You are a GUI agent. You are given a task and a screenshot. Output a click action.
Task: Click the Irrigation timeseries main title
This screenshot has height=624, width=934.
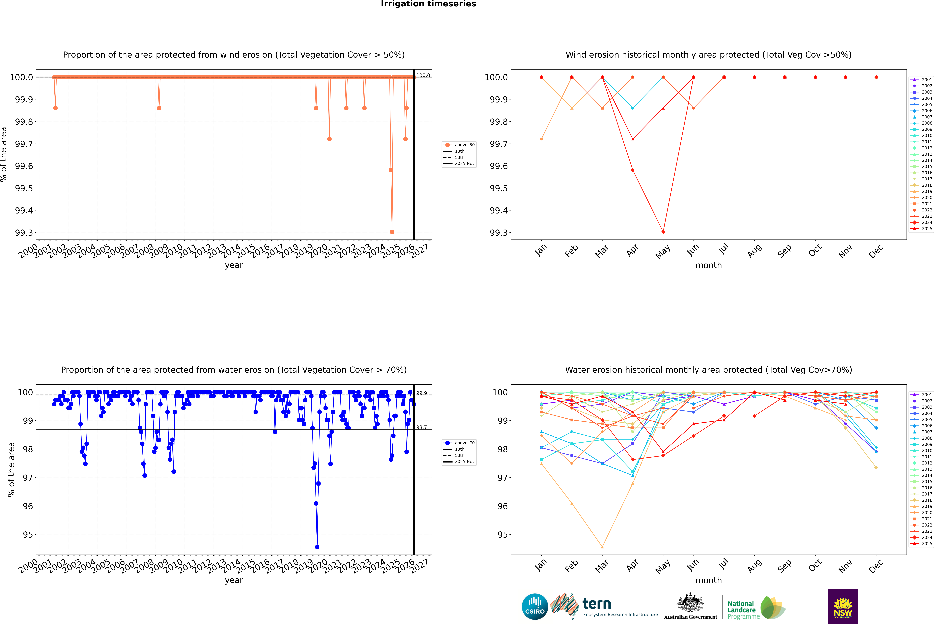(428, 4)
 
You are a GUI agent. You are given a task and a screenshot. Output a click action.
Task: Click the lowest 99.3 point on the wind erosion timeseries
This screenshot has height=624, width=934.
(392, 232)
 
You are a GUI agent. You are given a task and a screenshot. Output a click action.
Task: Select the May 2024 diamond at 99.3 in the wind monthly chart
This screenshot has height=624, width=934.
(663, 232)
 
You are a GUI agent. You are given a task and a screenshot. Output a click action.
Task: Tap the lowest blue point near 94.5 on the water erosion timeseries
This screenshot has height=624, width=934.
(317, 547)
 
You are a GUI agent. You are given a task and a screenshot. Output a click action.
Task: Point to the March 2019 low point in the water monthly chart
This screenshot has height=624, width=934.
(602, 547)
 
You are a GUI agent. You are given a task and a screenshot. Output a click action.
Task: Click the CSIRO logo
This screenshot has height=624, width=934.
(535, 607)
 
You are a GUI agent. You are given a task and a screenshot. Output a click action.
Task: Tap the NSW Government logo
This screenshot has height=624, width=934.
(843, 607)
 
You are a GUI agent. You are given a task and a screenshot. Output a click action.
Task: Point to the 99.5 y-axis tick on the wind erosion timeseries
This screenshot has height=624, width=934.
(24, 188)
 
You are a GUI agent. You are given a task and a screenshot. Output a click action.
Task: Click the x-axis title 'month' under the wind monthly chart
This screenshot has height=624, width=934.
(708, 265)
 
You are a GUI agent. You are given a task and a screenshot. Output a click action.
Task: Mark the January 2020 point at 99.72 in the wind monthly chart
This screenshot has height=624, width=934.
(541, 139)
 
